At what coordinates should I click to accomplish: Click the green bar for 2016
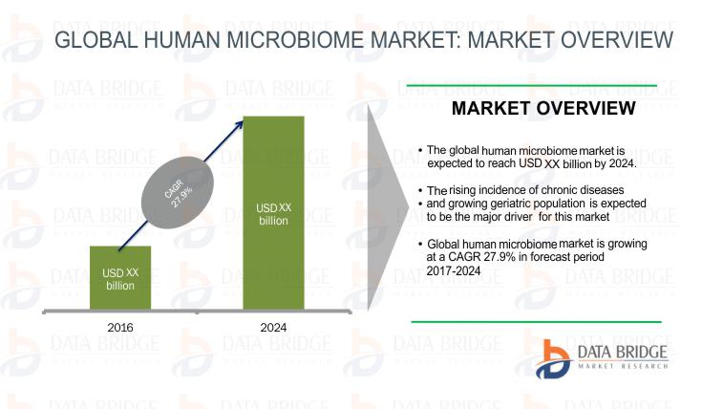[x=120, y=277]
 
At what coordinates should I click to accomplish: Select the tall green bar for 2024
[x=273, y=213]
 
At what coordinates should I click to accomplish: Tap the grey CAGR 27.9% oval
[x=178, y=192]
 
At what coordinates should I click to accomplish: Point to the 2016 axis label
[x=120, y=328]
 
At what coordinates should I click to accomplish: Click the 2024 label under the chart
[x=273, y=328]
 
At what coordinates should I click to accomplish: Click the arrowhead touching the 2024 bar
[x=239, y=124]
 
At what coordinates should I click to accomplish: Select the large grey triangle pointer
[x=389, y=207]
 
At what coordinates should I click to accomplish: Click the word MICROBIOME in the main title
[x=295, y=39]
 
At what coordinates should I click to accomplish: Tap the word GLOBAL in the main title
[x=96, y=39]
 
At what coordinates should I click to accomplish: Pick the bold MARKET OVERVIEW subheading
[x=543, y=108]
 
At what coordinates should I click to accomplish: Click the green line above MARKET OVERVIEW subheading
[x=532, y=86]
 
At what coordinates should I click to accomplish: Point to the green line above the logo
[x=536, y=322]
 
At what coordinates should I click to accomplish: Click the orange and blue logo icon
[x=552, y=359]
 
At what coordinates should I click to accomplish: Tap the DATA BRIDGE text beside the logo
[x=623, y=353]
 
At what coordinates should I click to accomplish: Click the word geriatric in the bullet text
[x=511, y=204]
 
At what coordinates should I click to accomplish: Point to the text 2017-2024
[x=454, y=270]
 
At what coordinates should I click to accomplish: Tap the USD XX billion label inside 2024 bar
[x=273, y=214]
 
